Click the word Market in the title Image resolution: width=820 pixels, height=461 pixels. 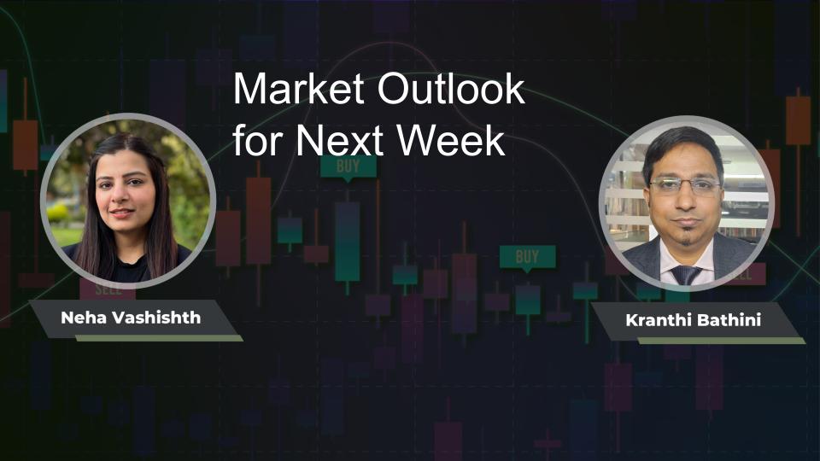click(298, 88)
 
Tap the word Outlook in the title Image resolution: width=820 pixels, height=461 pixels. click(451, 88)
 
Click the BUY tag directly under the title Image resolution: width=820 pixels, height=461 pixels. click(348, 167)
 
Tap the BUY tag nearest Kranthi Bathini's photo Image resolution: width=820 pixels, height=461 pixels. click(527, 257)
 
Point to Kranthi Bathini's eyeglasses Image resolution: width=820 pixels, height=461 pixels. click(685, 185)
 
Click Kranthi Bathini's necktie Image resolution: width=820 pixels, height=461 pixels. click(686, 274)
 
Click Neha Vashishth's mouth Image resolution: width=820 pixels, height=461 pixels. click(121, 213)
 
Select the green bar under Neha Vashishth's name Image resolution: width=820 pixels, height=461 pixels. click(159, 338)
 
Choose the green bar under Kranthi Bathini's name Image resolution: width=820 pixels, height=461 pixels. click(721, 341)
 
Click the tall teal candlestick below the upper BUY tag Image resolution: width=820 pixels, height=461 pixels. click(348, 242)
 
